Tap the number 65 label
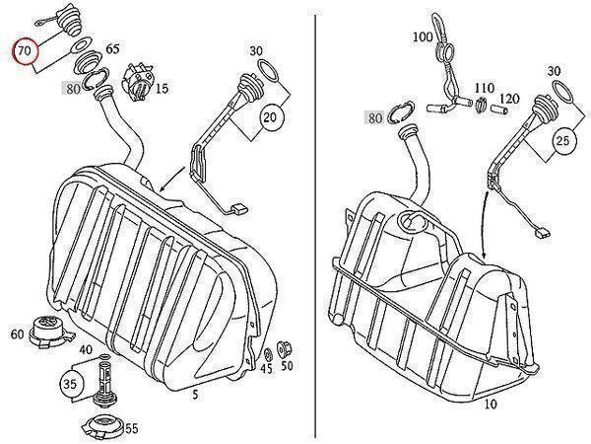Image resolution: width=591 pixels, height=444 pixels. tap(112, 47)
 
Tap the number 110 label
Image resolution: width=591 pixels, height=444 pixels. tap(484, 88)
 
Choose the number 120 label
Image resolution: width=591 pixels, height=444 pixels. tap(509, 99)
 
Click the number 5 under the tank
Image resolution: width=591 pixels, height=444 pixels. tap(195, 394)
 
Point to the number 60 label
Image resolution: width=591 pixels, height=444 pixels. tap(17, 334)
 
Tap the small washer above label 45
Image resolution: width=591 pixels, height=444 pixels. tap(267, 352)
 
